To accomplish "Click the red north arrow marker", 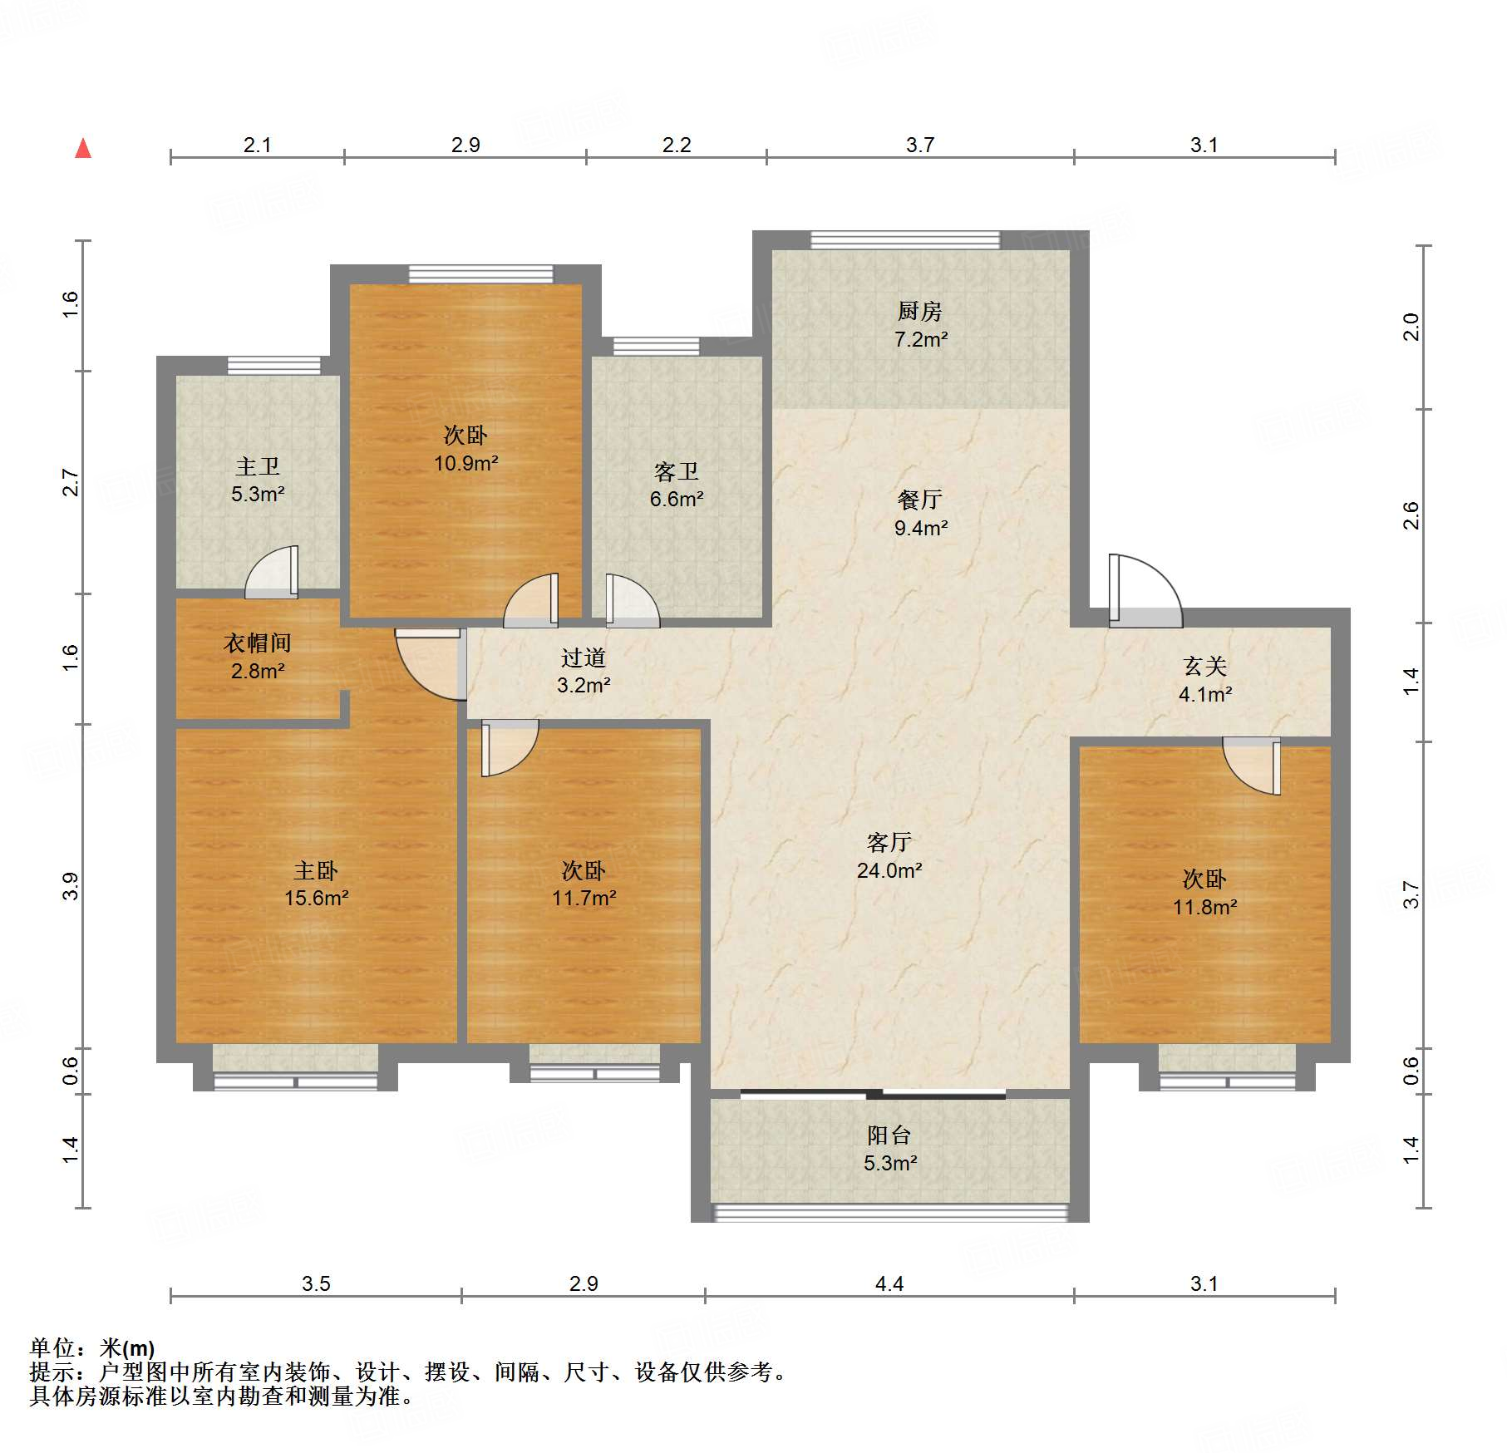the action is click(x=83, y=148).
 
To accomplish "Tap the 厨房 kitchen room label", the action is click(x=919, y=312).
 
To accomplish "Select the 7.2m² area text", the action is click(x=920, y=339).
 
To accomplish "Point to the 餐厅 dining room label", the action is click(x=920, y=500).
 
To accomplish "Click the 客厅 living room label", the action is click(x=889, y=843).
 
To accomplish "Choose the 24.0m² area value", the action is click(x=889, y=870).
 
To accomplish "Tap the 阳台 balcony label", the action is click(x=889, y=1135).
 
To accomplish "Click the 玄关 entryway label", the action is click(x=1205, y=666).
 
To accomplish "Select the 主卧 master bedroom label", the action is click(x=316, y=870).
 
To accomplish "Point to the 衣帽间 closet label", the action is click(x=258, y=643).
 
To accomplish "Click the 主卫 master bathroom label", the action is click(x=258, y=466).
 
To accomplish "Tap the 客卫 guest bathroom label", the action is click(x=677, y=472).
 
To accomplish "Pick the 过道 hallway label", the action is click(x=584, y=658).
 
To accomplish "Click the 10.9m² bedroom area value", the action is click(x=465, y=463).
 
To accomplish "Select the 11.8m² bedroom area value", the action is click(x=1205, y=907).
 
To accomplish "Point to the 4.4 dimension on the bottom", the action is click(x=889, y=1283).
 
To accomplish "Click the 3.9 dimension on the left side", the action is click(x=70, y=886).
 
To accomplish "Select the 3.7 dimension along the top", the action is click(x=920, y=145).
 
